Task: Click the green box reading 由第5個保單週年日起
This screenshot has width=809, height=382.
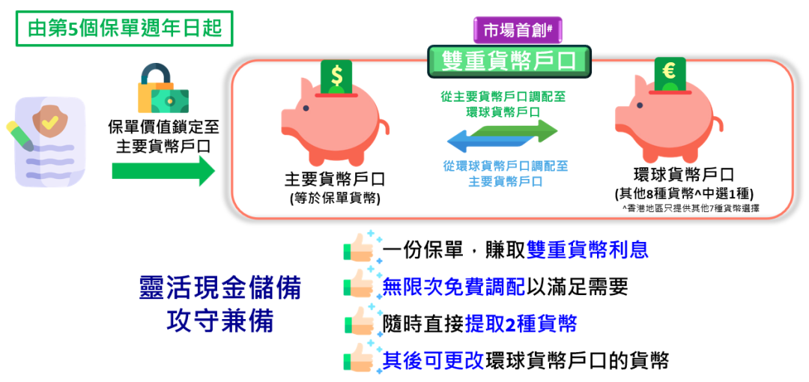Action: (x=124, y=28)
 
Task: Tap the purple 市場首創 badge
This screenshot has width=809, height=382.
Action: (x=518, y=31)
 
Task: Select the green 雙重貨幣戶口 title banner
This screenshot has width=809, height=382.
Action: (x=509, y=61)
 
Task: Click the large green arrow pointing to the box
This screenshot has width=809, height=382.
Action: (x=163, y=171)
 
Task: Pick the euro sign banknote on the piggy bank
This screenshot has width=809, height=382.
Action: (x=670, y=76)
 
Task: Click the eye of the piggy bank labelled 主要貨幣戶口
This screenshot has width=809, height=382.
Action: (x=306, y=109)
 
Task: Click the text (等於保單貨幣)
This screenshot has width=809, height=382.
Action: (x=335, y=198)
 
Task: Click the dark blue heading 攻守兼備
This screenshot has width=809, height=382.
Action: (x=219, y=323)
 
